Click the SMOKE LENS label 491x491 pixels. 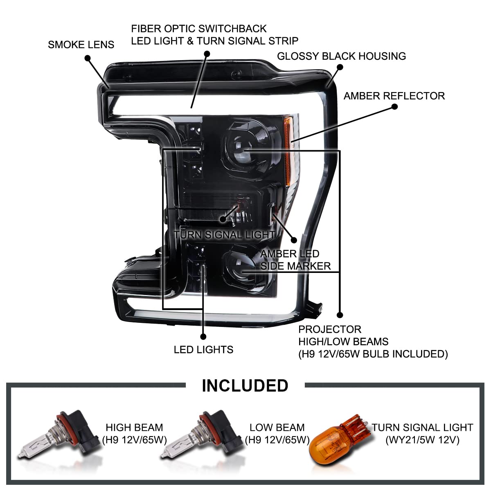click(x=81, y=45)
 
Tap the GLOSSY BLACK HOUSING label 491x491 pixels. click(x=341, y=56)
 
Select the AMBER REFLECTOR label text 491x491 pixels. click(x=394, y=96)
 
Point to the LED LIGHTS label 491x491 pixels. click(x=203, y=349)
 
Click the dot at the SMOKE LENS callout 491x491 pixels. click(x=88, y=59)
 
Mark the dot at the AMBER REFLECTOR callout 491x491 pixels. click(x=394, y=106)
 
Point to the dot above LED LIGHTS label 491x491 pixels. click(x=203, y=337)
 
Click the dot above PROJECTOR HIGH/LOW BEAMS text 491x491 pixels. click(x=340, y=315)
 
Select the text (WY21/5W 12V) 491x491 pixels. click(x=422, y=440)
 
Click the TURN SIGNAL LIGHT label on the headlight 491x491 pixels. click(x=224, y=235)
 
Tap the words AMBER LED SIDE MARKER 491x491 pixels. click(x=295, y=260)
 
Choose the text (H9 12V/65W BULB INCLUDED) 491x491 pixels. click(x=373, y=354)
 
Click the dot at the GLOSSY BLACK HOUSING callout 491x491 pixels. click(x=340, y=67)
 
